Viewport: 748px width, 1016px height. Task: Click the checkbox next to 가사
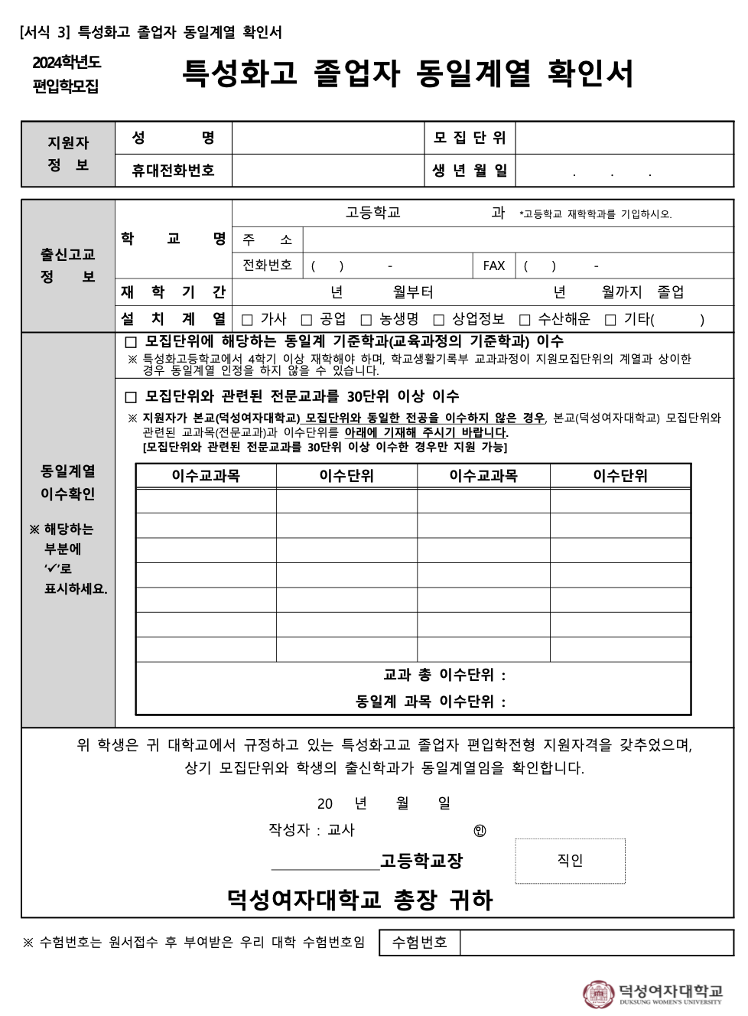(247, 320)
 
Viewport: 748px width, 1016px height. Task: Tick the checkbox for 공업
(307, 320)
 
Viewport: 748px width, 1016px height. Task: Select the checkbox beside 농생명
(366, 320)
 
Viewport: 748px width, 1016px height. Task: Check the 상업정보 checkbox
(439, 320)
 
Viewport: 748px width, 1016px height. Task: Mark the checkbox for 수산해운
(525, 320)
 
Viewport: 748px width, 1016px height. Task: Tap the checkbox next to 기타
(610, 320)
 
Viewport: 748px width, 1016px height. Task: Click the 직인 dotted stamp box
(570, 861)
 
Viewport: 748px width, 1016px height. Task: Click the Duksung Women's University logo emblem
(598, 994)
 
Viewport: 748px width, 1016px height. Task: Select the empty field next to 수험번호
(596, 943)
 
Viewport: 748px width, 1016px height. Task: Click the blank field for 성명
(328, 138)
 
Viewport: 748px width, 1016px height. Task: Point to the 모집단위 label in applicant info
(470, 138)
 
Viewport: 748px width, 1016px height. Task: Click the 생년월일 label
(470, 171)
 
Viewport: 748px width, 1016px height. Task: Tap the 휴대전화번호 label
(173, 171)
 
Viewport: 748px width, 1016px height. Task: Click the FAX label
(494, 265)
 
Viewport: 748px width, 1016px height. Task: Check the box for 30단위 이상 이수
(131, 397)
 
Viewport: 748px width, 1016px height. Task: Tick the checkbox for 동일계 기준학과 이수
(131, 342)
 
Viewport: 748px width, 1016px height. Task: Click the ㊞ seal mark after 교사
(480, 831)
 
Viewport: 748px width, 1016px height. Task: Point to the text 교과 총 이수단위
(444, 675)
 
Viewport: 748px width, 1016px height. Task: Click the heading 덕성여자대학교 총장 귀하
(359, 900)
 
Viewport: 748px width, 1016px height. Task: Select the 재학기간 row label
(173, 291)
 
